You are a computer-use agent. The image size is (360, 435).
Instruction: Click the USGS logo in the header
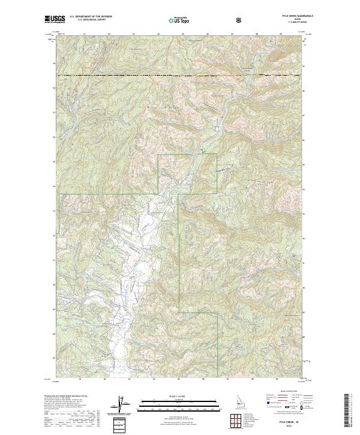55,19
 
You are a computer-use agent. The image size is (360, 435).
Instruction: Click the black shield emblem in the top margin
241,20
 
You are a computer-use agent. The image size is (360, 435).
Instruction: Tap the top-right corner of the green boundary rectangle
217,155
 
